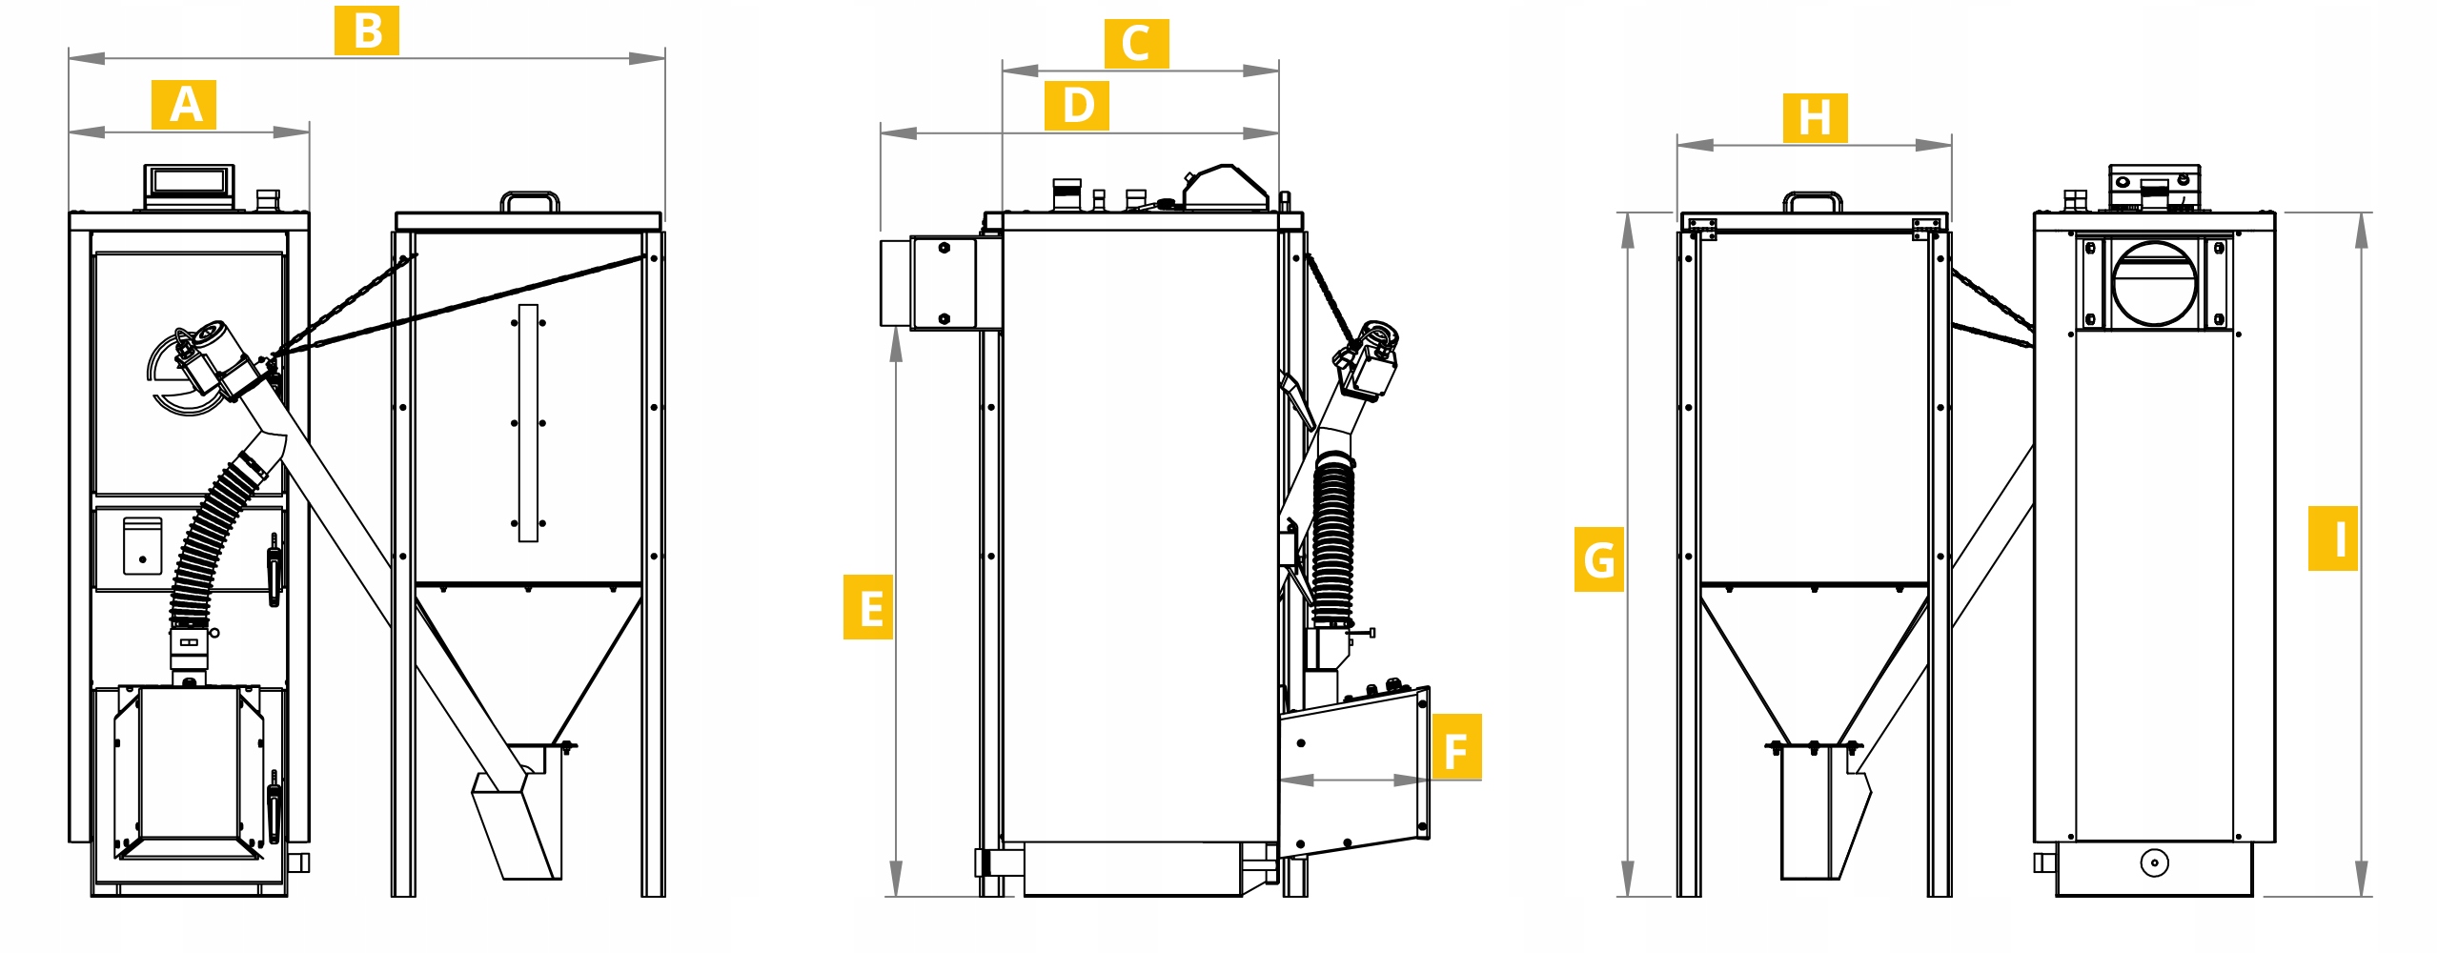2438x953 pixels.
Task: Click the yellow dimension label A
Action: coord(184,105)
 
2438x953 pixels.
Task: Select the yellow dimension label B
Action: coord(367,30)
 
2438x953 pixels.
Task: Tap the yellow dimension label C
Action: coord(1136,44)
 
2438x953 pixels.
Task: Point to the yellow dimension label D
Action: coord(1077,105)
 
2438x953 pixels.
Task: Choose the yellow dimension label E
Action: coord(868,607)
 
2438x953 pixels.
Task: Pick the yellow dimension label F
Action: coord(1456,746)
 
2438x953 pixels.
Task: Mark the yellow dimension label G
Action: coord(1598,559)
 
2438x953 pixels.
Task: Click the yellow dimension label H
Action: coord(1815,118)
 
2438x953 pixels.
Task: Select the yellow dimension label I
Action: coord(2332,538)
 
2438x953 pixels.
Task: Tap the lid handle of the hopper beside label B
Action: coord(530,201)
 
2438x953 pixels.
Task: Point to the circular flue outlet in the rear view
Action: coord(2154,283)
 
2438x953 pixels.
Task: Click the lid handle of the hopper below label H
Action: coord(1813,201)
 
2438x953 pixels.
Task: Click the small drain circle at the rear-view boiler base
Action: coord(2154,863)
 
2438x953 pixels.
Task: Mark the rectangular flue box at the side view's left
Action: coord(940,283)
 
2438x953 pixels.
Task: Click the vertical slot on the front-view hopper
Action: coord(528,423)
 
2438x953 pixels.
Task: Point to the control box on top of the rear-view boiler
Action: coord(2154,188)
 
